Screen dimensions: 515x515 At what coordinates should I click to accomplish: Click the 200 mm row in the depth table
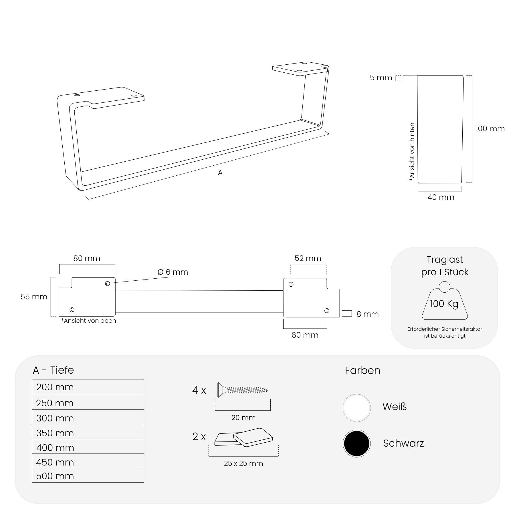[88, 387]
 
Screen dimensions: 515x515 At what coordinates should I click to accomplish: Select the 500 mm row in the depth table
[88, 476]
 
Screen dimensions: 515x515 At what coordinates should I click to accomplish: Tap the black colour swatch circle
[356, 443]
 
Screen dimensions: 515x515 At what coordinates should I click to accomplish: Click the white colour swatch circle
[356, 408]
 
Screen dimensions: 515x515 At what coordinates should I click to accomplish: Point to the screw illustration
[243, 390]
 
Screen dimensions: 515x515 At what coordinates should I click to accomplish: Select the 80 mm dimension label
[87, 258]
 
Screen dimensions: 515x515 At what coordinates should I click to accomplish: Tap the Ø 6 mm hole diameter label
[173, 272]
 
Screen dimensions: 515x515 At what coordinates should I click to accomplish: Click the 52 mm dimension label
[308, 258]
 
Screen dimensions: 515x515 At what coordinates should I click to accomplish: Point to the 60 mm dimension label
[305, 335]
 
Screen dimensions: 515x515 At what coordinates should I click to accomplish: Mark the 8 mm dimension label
[368, 314]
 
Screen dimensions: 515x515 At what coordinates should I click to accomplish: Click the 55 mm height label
[34, 297]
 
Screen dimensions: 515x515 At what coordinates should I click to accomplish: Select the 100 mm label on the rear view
[490, 128]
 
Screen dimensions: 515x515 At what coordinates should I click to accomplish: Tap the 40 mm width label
[441, 197]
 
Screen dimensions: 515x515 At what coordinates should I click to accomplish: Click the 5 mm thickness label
[381, 78]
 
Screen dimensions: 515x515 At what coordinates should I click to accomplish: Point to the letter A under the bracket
[220, 173]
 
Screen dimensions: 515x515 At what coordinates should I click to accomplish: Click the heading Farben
[363, 371]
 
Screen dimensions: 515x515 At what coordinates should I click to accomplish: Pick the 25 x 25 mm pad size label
[243, 463]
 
